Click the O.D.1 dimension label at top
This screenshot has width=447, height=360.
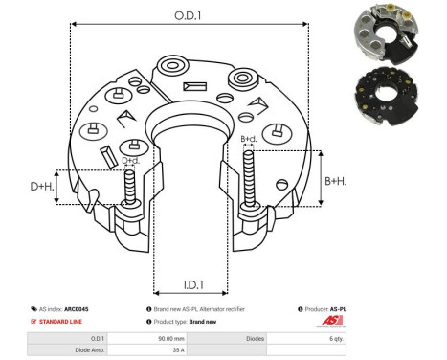[188, 13]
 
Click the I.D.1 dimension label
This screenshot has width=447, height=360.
[191, 283]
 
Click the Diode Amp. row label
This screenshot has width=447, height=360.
[92, 351]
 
